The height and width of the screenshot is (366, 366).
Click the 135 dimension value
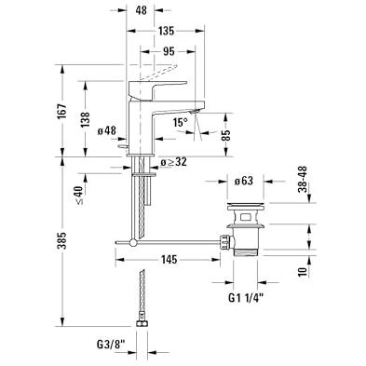point(167,31)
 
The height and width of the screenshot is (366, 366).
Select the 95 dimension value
point(169,51)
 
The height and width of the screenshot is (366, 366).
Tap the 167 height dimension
point(62,111)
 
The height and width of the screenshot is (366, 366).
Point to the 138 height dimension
point(85,119)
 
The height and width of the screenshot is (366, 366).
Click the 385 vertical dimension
point(62,240)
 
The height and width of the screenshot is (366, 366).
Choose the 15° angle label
point(181,122)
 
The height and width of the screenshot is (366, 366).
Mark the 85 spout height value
point(226,135)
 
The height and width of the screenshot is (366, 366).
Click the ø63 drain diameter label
point(243,181)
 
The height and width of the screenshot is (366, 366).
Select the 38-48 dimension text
point(303,179)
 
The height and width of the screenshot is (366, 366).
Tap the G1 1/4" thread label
point(246,298)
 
